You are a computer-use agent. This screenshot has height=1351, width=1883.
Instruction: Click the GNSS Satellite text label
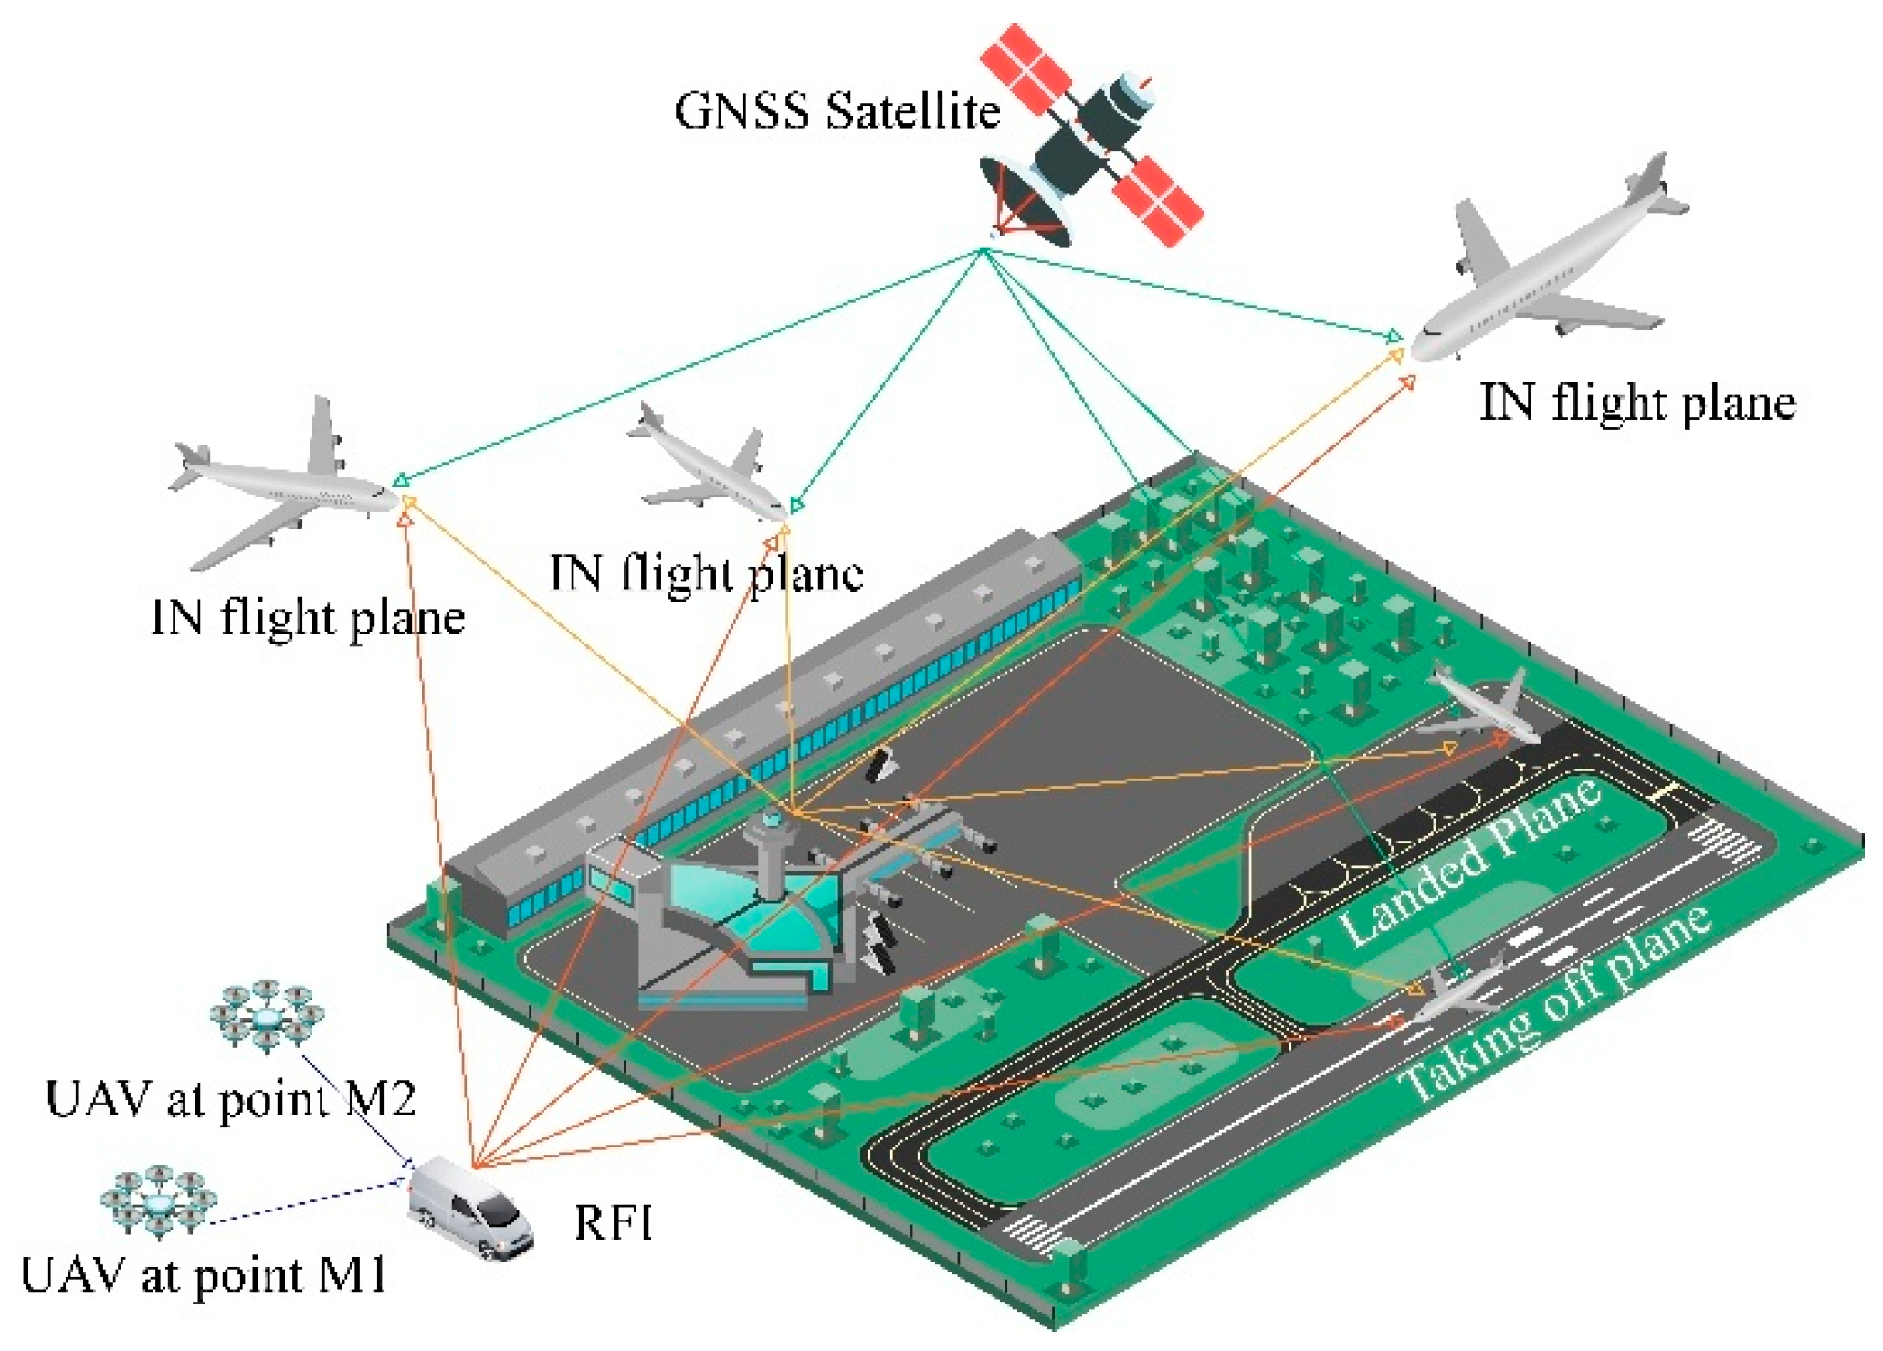836,111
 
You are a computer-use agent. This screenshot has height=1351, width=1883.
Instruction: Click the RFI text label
613,1221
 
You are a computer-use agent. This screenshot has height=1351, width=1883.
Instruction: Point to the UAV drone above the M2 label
267,1015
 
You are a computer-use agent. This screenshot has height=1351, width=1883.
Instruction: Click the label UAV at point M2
230,1098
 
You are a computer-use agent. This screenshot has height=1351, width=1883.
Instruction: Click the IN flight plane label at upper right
1636,403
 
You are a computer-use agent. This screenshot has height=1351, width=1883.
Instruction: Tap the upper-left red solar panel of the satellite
1025,68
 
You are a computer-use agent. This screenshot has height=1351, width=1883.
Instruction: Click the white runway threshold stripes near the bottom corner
1032,1234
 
